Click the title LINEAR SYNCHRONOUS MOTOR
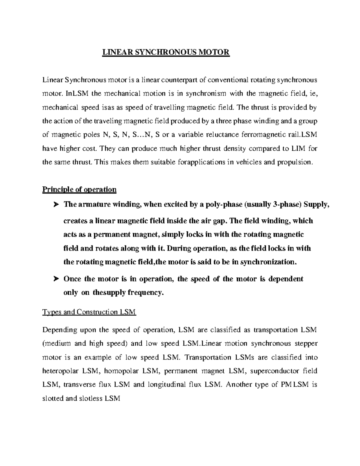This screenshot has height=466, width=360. click(x=166, y=52)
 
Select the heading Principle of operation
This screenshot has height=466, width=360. click(x=79, y=189)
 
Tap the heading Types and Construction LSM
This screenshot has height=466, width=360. click(x=89, y=312)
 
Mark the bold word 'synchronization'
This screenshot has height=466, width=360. click(x=268, y=262)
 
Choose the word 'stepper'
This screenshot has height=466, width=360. click(x=306, y=344)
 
